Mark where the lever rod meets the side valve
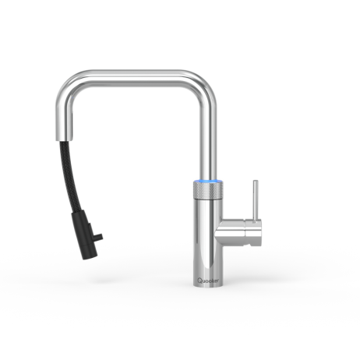point(253,221)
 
